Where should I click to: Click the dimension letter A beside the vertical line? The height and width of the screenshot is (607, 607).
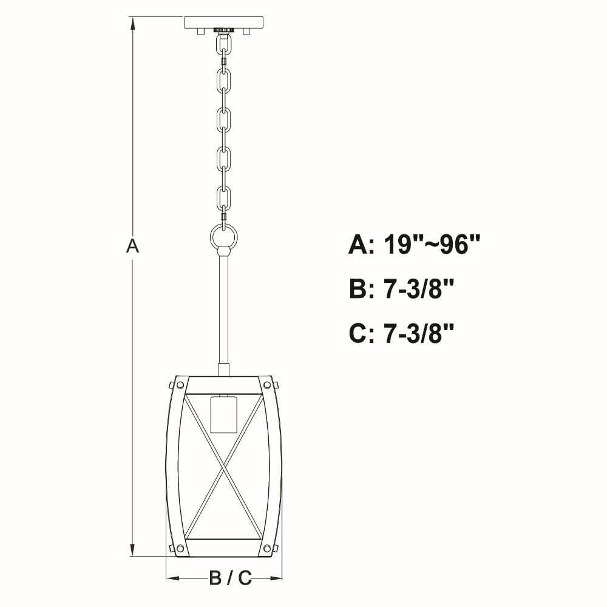[x=132, y=246]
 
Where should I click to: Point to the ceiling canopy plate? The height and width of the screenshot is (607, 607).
[x=224, y=22]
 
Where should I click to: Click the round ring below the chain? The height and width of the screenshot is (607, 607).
[x=223, y=237]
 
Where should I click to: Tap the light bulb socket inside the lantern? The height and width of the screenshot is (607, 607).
[x=223, y=415]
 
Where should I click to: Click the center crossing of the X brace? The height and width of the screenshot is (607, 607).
[x=223, y=468]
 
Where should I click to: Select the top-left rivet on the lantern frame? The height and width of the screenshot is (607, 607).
[x=180, y=385]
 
